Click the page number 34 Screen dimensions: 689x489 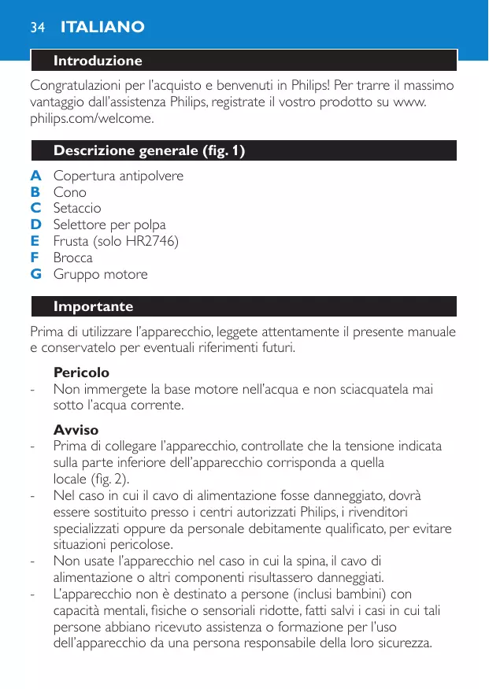36,28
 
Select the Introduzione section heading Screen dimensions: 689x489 98,61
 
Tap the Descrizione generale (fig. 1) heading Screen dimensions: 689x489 149,150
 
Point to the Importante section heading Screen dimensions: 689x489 93,306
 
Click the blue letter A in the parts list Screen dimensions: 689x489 35,176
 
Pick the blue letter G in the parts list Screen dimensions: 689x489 35,274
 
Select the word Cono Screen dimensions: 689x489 70,192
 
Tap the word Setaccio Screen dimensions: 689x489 77,209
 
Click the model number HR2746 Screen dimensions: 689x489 153,241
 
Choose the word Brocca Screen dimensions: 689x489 73,257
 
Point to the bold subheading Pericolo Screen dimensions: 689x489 81,372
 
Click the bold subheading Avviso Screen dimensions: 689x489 76,430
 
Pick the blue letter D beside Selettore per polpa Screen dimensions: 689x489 35,224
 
